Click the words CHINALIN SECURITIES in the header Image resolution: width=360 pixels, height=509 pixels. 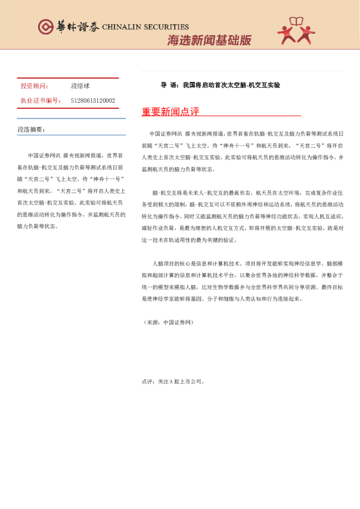point(145,27)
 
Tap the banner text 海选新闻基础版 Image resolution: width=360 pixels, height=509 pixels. point(209,41)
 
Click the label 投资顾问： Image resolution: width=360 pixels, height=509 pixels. point(36,86)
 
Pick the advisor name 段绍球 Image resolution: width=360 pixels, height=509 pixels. point(80,86)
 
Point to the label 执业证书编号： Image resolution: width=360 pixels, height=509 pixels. point(41,100)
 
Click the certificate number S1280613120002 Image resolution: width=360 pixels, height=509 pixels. point(93,100)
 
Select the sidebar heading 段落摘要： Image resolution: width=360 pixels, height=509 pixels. point(31,129)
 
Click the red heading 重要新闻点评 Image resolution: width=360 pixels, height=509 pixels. point(170,112)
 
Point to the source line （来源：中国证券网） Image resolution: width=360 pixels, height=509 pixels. point(168,322)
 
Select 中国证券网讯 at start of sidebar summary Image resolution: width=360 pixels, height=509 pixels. point(44,155)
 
